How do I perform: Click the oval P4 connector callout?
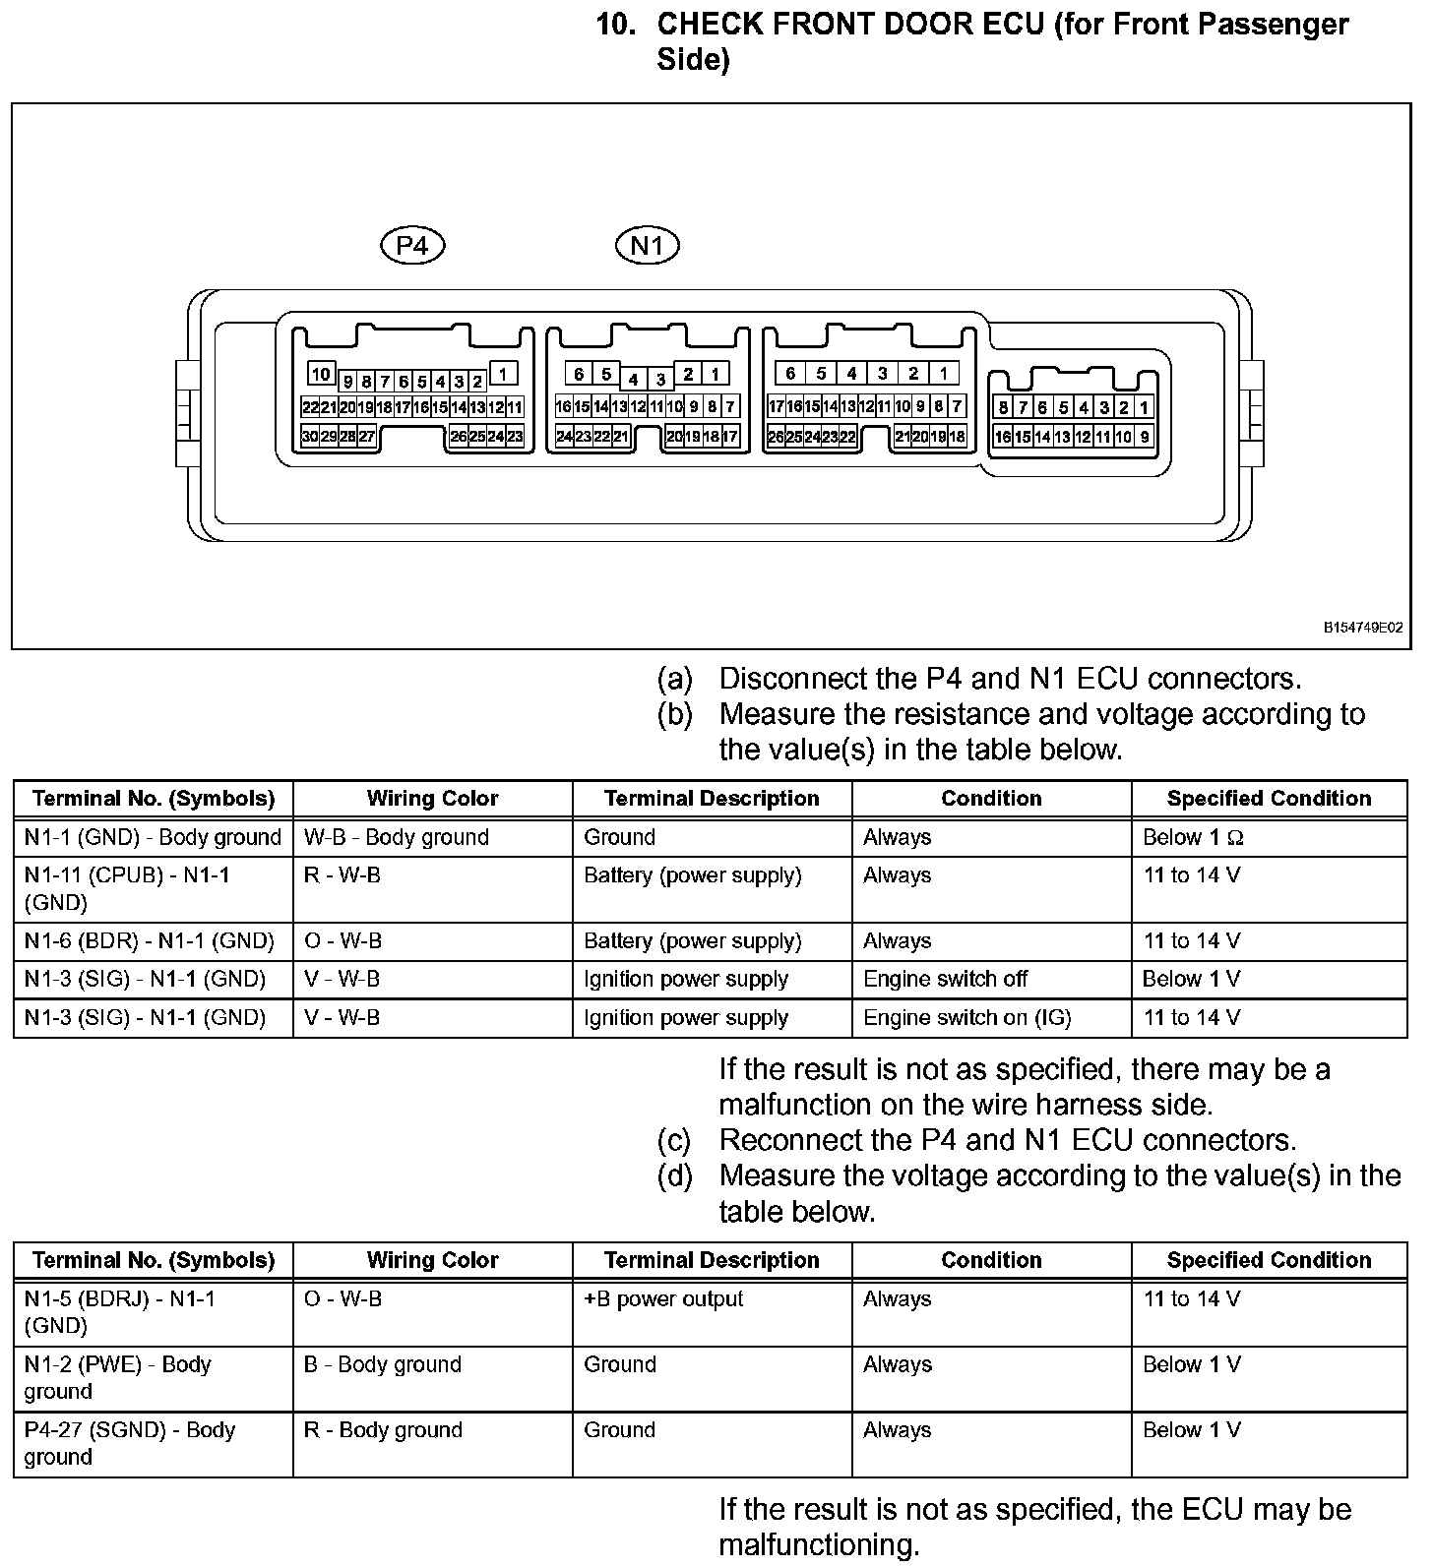(x=412, y=245)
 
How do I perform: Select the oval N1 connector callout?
(x=647, y=245)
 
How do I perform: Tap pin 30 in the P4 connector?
(x=310, y=437)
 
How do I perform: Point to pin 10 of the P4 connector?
(x=321, y=374)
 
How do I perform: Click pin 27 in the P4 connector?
(x=366, y=437)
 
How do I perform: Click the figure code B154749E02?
(x=1362, y=627)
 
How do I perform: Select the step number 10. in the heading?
(x=615, y=25)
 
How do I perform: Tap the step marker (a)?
(x=675, y=679)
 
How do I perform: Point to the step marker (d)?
(x=675, y=1175)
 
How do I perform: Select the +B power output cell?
(x=663, y=1299)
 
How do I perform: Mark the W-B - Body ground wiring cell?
(x=396, y=838)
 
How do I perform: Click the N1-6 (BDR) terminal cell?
(x=149, y=941)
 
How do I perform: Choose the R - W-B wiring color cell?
(x=343, y=875)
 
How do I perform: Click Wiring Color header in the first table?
(x=432, y=799)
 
